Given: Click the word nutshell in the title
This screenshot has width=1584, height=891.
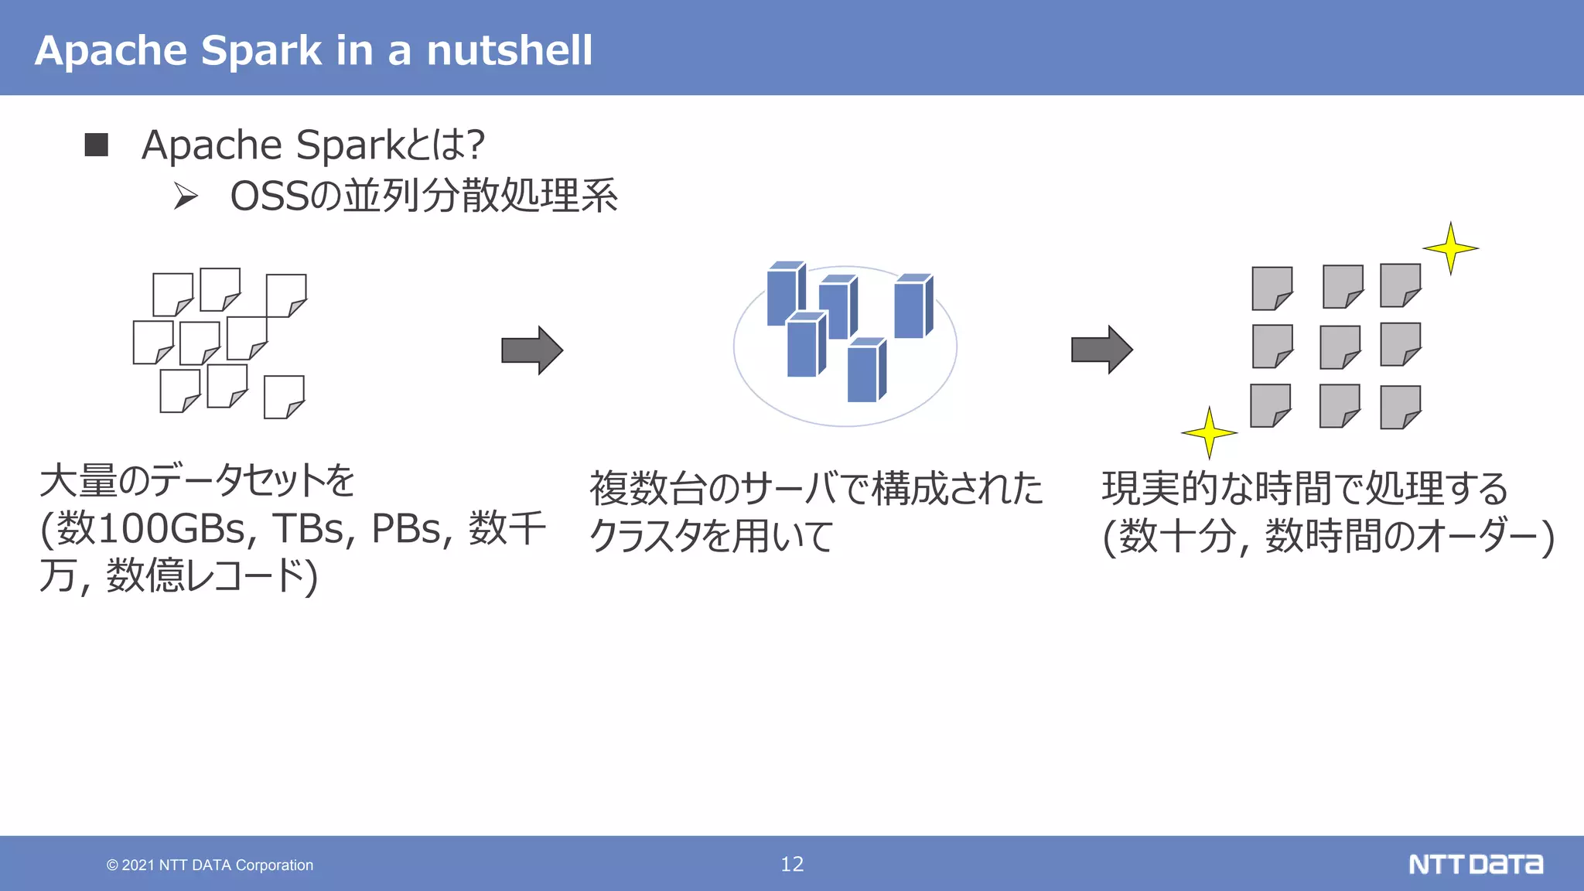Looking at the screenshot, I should [x=509, y=51].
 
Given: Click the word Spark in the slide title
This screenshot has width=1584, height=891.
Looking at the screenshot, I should [x=261, y=51].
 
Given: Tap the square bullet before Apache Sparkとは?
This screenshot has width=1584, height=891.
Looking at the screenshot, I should [x=97, y=145].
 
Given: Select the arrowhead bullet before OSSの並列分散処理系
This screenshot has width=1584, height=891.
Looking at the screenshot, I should [x=186, y=196].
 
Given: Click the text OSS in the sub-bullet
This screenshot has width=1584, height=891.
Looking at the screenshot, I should [x=269, y=196].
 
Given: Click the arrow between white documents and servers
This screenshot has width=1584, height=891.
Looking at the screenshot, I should [x=531, y=350].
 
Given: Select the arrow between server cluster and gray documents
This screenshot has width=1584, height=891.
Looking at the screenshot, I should [x=1101, y=350].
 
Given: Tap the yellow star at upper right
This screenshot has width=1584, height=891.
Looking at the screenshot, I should [x=1450, y=248].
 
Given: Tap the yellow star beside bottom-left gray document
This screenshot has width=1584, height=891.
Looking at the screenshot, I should [x=1209, y=433].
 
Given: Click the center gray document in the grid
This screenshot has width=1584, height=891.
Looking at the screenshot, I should [x=1340, y=346].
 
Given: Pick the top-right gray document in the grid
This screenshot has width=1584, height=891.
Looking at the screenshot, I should [x=1400, y=285].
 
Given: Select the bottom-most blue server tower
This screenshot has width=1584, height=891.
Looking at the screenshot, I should [x=865, y=371].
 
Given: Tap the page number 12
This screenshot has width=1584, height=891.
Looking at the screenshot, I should [x=792, y=864].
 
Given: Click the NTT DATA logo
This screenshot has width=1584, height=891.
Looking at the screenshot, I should [x=1475, y=864].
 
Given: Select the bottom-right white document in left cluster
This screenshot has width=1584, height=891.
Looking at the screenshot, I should [x=284, y=397].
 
